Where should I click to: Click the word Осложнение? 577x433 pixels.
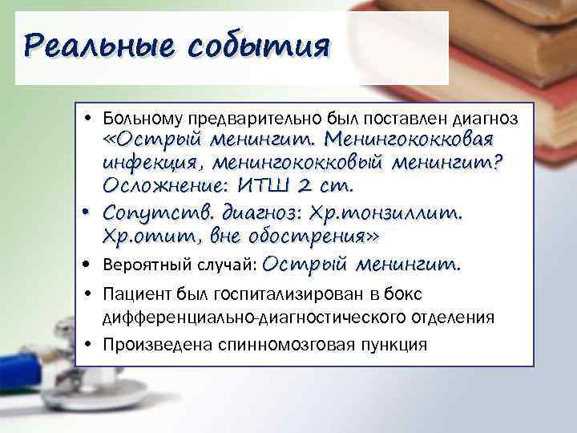164,185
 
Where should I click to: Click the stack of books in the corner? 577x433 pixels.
513,40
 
